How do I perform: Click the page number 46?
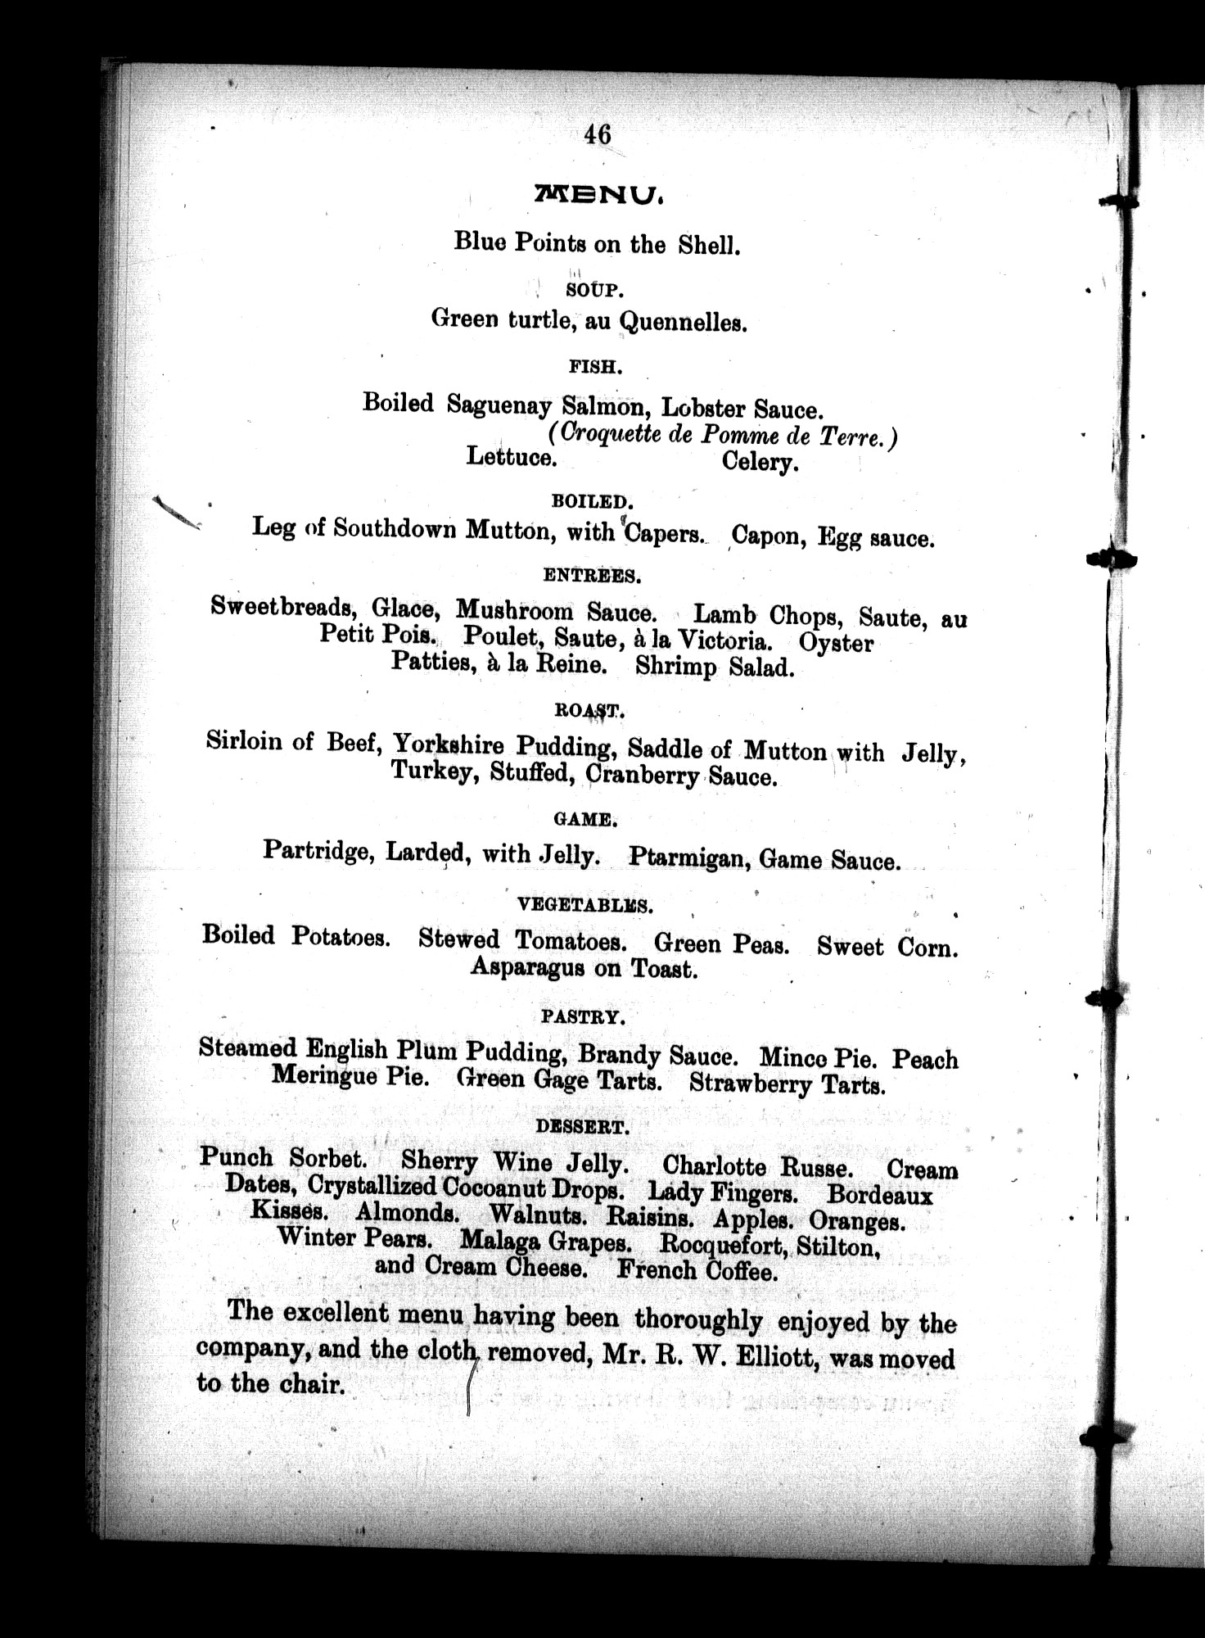click(x=598, y=134)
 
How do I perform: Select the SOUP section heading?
click(x=595, y=289)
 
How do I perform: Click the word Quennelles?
click(x=683, y=323)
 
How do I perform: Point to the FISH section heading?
click(x=595, y=368)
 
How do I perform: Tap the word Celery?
click(x=760, y=463)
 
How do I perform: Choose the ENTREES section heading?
click(x=592, y=576)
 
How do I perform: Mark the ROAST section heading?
click(x=589, y=711)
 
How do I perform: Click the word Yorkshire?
click(x=448, y=744)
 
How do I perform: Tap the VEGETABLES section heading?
click(x=584, y=905)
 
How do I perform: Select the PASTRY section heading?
click(x=583, y=1017)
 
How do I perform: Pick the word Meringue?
click(x=325, y=1075)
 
